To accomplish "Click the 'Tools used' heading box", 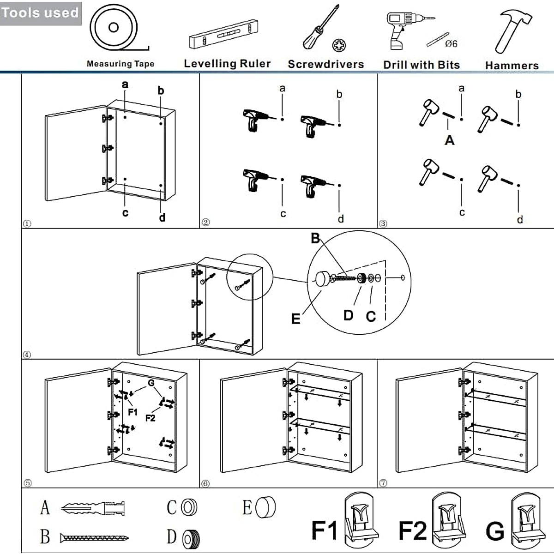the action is click(41, 13).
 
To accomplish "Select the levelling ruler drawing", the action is click(223, 34).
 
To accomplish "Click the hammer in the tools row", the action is click(513, 32).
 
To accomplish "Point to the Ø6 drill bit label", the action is click(451, 44).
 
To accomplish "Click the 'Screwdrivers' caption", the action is click(326, 64).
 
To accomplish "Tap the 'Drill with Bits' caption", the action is click(422, 65).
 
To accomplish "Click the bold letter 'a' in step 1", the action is click(125, 84).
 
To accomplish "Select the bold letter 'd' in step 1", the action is click(162, 217).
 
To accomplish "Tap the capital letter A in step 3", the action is click(449, 140).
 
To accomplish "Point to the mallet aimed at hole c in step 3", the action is click(429, 171).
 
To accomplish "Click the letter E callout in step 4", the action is click(295, 319).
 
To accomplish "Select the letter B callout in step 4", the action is click(315, 238).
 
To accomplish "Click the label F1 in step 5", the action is click(132, 412).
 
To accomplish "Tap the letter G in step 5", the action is click(151, 383).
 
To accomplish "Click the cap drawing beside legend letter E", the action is click(265, 507).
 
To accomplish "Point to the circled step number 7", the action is click(383, 483).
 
